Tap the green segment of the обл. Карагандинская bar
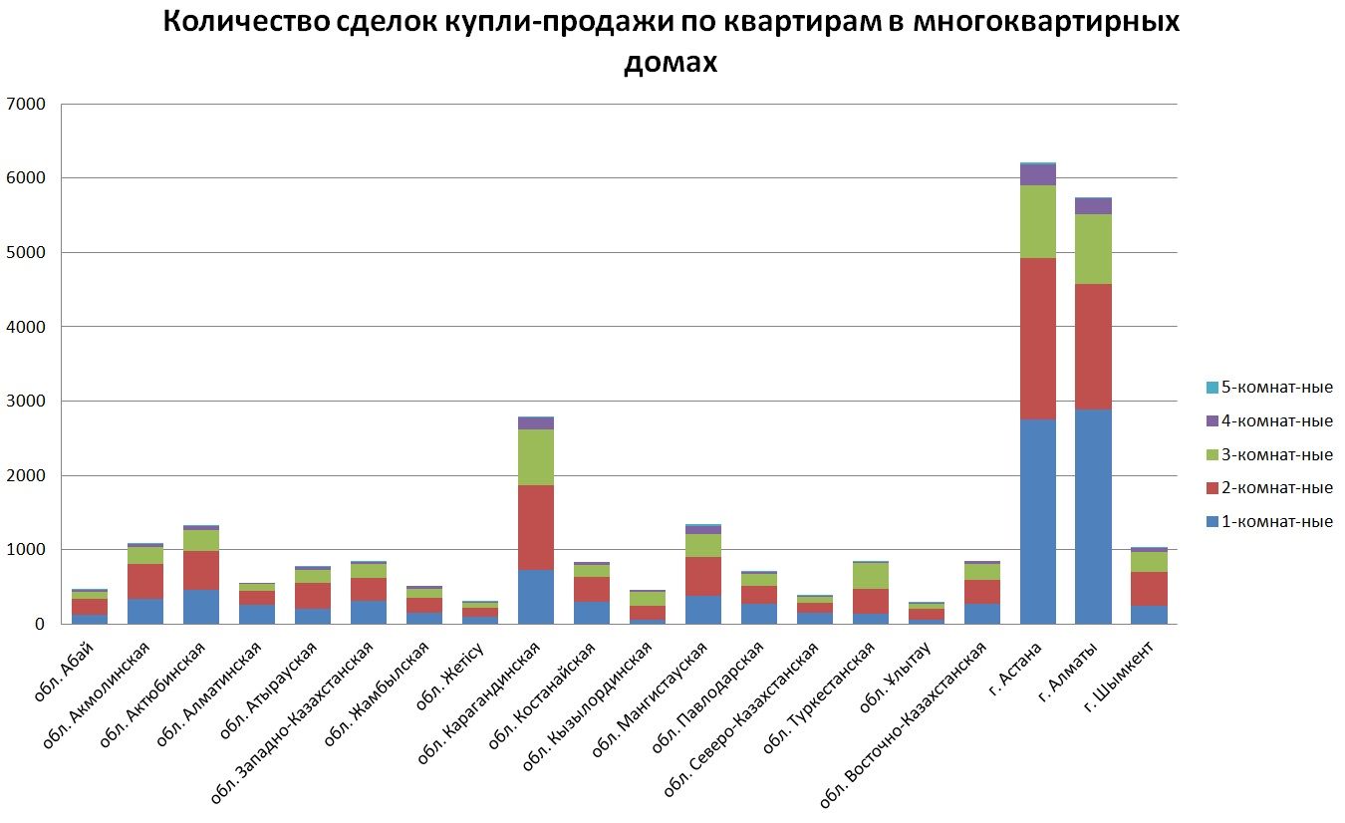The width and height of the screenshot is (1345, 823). click(x=535, y=457)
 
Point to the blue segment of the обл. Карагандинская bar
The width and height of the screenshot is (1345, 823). click(x=535, y=597)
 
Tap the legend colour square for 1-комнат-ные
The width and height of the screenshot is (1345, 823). click(x=1211, y=522)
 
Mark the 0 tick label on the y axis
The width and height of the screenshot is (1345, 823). click(x=39, y=625)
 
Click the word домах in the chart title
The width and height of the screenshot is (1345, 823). click(x=671, y=62)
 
